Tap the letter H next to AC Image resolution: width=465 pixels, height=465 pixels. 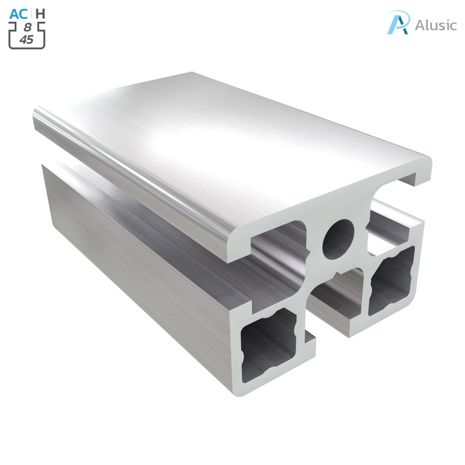point(40,14)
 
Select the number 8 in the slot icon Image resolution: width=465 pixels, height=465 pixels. point(27,28)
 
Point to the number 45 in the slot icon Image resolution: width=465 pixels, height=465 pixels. point(27,40)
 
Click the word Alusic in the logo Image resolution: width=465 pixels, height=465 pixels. point(435,25)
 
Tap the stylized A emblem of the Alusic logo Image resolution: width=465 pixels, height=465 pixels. point(399,22)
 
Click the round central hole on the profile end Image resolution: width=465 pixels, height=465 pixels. point(338,239)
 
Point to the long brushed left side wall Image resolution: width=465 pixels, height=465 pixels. point(136,254)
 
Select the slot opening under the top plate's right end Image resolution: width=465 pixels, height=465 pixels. point(395,193)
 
